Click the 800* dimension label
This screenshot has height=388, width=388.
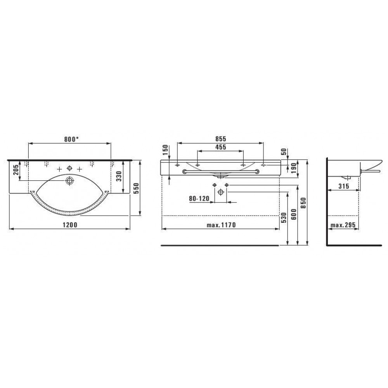pos(71,139)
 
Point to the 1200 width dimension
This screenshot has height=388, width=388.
pos(70,225)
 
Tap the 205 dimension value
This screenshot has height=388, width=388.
pos(16,170)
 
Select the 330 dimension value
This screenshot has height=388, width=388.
pos(120,176)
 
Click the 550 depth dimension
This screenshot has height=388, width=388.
pos(137,188)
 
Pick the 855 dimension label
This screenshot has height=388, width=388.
pos(220,139)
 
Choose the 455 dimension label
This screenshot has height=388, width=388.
pos(220,147)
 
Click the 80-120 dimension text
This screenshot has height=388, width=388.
pos(199,199)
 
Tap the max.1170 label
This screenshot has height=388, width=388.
pos(221,225)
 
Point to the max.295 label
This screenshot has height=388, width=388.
pos(343,225)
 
